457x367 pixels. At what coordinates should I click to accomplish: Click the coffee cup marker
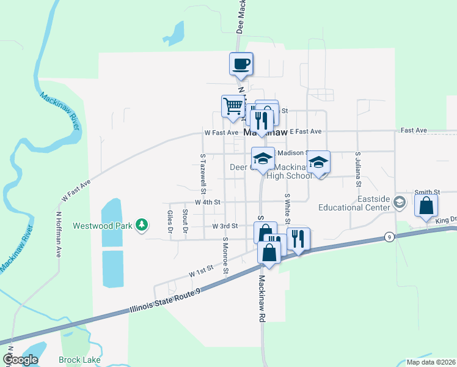click(x=241, y=63)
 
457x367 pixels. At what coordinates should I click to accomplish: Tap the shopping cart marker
click(x=232, y=106)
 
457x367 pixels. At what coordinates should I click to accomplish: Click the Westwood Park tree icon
click(x=142, y=225)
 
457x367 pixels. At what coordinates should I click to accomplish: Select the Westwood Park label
click(x=103, y=226)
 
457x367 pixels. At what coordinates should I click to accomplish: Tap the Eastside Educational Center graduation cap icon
click(x=400, y=202)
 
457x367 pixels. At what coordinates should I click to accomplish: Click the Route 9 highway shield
click(x=389, y=237)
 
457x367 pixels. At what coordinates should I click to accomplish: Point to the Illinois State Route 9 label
click(x=164, y=303)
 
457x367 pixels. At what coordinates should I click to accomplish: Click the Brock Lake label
click(x=79, y=360)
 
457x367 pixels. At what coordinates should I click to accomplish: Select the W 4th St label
click(x=207, y=202)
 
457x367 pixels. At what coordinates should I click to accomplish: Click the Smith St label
click(x=426, y=192)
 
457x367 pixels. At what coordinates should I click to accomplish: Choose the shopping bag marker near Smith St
click(x=426, y=206)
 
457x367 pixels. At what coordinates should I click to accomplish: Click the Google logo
click(x=20, y=360)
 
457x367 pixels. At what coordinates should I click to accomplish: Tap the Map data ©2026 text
click(x=431, y=362)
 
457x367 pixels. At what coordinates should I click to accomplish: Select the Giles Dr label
click(x=170, y=222)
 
